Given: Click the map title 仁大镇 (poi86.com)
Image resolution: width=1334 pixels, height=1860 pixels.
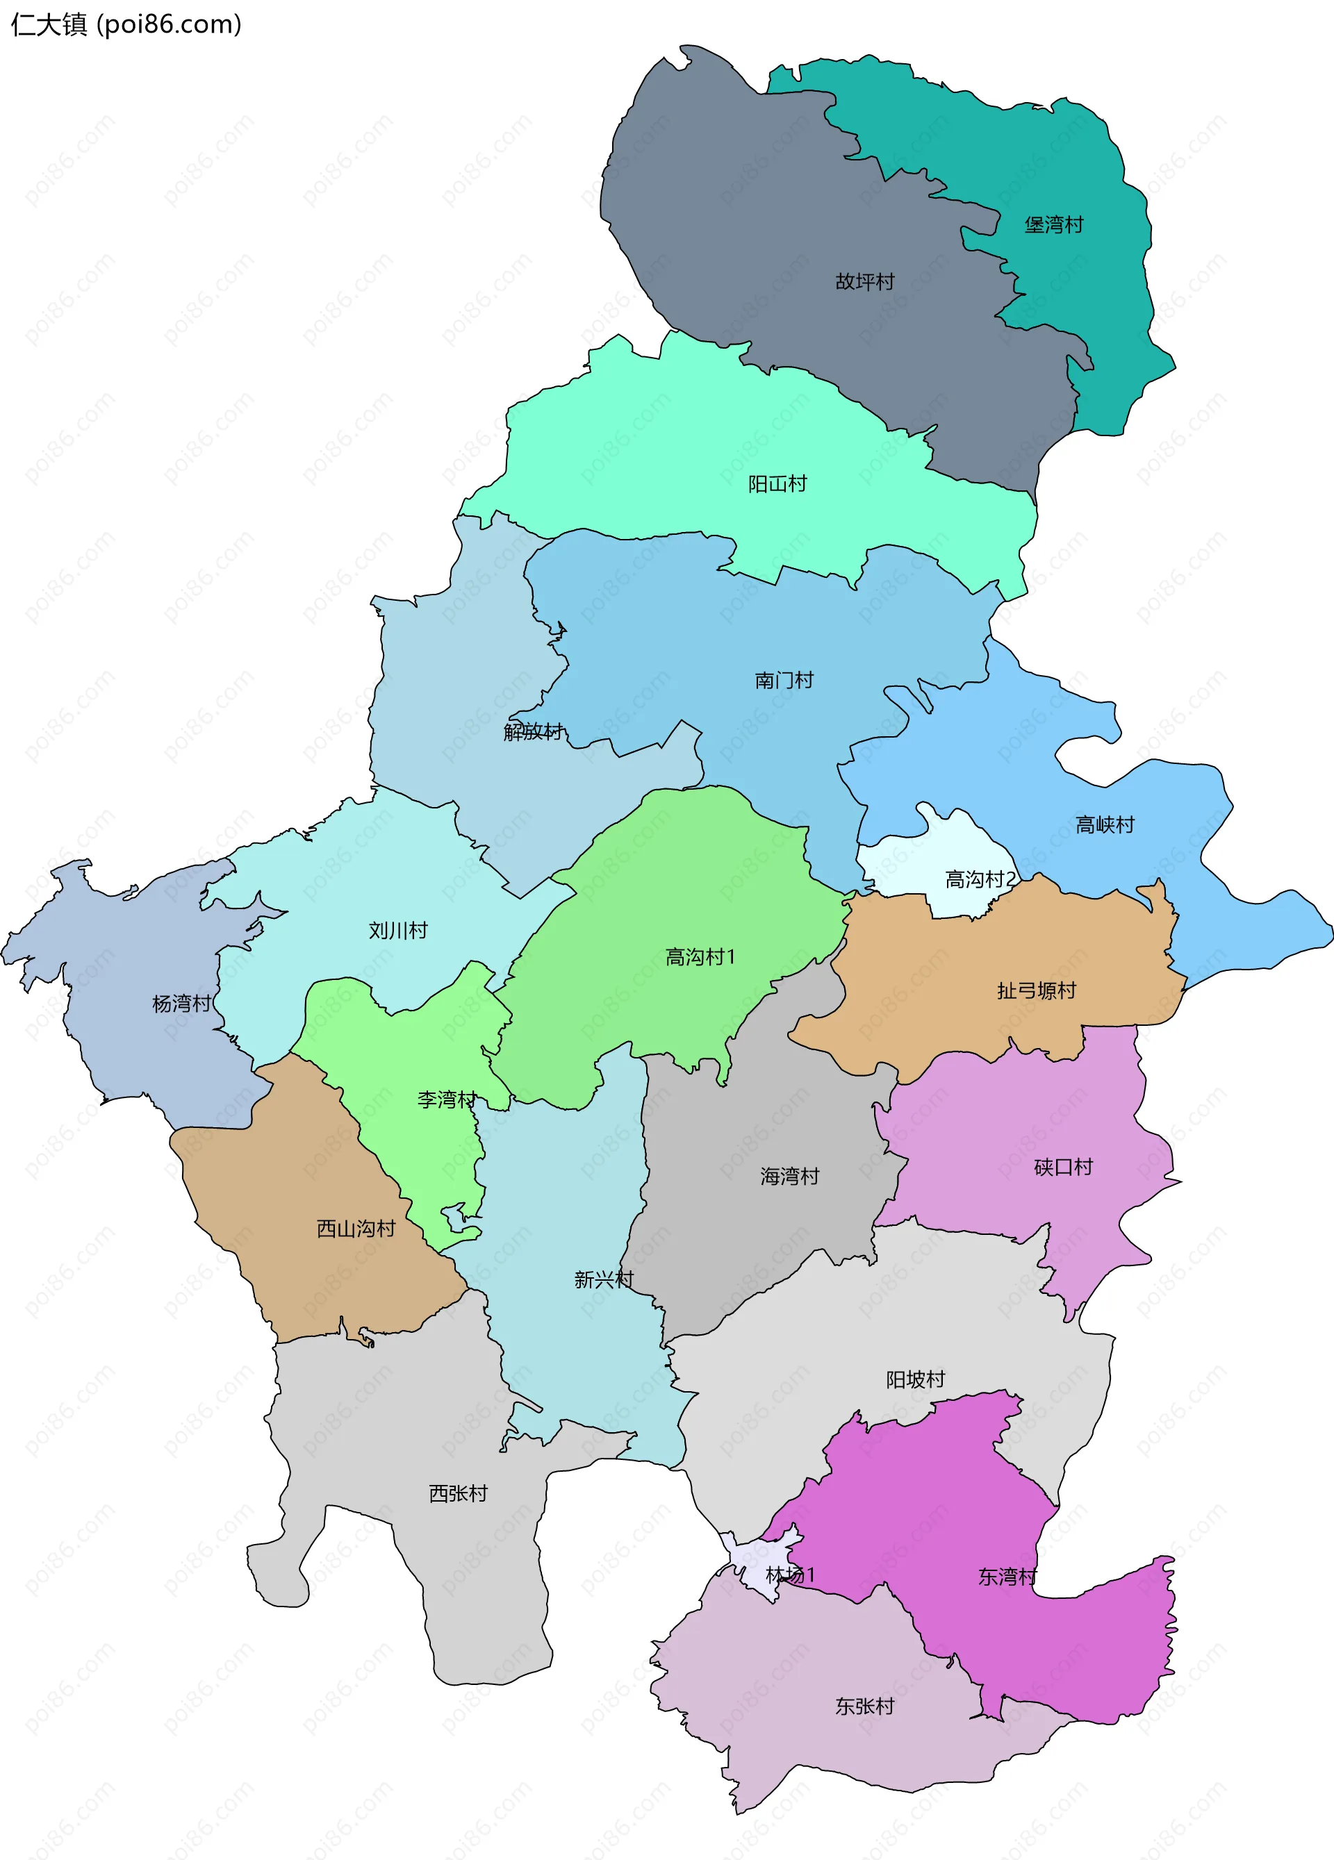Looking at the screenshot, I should pyautogui.click(x=126, y=24).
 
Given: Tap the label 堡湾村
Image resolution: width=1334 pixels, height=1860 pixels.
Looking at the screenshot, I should pyautogui.click(x=1053, y=225).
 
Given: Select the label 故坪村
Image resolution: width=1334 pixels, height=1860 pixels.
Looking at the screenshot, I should pyautogui.click(x=865, y=281).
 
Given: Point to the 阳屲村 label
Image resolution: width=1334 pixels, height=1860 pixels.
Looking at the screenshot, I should pyautogui.click(x=777, y=484).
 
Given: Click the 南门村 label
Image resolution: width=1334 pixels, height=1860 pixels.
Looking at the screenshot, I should pyautogui.click(x=784, y=680).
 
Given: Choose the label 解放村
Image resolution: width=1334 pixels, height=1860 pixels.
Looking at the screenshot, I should pyautogui.click(x=534, y=731).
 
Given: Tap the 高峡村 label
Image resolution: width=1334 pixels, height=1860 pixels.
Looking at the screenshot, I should pyautogui.click(x=1104, y=824).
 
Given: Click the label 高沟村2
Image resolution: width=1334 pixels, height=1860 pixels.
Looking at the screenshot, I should pyautogui.click(x=980, y=879).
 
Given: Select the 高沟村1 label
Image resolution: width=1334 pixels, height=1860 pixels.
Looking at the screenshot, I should pyautogui.click(x=700, y=956).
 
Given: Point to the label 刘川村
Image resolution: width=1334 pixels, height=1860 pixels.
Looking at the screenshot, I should pyautogui.click(x=398, y=930).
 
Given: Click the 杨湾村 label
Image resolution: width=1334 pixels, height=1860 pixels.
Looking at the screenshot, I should pyautogui.click(x=181, y=1003).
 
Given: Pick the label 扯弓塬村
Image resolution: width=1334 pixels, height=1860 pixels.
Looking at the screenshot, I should pyautogui.click(x=1036, y=990).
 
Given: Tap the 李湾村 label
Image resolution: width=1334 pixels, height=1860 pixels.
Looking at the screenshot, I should pyautogui.click(x=446, y=1099).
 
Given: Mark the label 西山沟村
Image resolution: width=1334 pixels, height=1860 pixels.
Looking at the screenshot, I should pyautogui.click(x=356, y=1229).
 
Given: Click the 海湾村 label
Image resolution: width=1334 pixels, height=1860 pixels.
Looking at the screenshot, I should pyautogui.click(x=789, y=1176).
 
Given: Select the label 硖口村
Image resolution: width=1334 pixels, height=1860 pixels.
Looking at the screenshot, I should pyautogui.click(x=1063, y=1166).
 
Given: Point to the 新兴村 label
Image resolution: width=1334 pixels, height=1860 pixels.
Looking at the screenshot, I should pyautogui.click(x=604, y=1279).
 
